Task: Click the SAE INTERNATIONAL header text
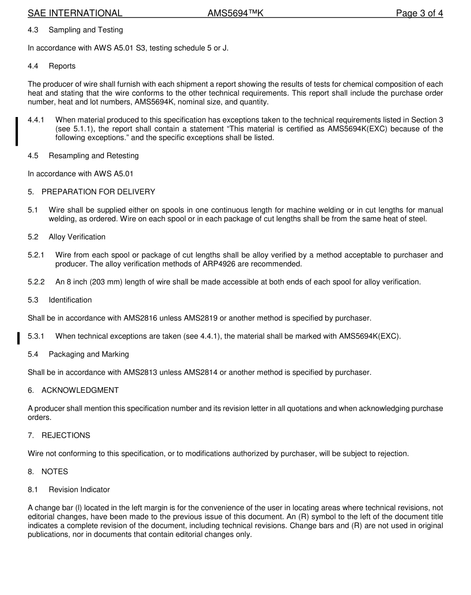75,13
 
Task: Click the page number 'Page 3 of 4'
419,13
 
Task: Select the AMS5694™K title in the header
235,13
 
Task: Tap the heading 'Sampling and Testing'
86,30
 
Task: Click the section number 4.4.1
36,120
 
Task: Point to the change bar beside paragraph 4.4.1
17,131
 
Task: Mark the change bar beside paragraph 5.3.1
18,338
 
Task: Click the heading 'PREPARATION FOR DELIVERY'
98,192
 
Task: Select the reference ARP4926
221,264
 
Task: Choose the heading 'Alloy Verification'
77,237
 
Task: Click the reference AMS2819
201,318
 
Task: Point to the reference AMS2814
201,372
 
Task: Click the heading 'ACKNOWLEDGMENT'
80,390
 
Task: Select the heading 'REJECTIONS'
65,435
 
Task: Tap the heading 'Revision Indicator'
79,489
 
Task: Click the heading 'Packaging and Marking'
89,354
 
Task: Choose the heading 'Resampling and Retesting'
94,156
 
